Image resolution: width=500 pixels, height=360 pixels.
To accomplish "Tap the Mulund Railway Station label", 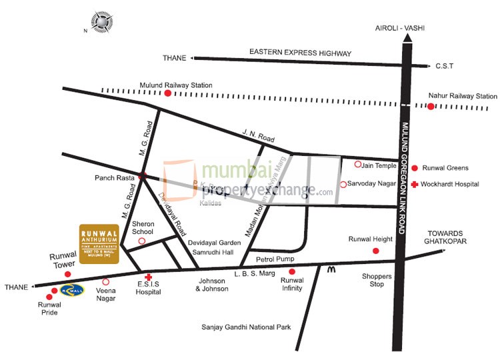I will click(176, 85).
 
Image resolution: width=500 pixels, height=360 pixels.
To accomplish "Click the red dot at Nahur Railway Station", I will click(431, 106).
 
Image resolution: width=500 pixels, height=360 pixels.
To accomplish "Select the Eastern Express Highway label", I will click(300, 52).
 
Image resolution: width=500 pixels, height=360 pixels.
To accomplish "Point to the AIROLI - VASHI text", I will click(400, 28).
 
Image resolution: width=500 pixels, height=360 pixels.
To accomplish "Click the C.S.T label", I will click(444, 66).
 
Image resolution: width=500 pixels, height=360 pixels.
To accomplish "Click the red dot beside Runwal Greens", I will click(415, 168).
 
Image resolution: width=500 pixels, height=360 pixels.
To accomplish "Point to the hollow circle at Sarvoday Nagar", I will click(343, 184).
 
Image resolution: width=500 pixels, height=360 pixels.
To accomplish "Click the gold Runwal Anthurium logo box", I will click(99, 243).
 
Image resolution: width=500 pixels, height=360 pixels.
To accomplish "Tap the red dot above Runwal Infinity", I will click(292, 271).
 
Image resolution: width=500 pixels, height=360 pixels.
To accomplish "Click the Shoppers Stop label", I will click(373, 280).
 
